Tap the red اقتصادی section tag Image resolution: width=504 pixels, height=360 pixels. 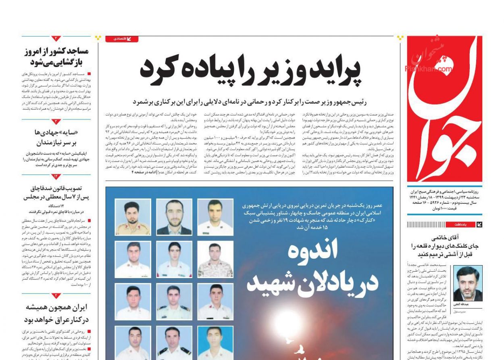pyautogui.click(x=121, y=39)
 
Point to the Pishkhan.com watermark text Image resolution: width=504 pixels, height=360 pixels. pyautogui.click(x=428, y=69)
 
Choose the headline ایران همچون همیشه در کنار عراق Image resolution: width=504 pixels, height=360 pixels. pyautogui.click(x=56, y=313)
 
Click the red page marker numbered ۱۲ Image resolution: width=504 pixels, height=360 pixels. pyautogui.click(x=56, y=176)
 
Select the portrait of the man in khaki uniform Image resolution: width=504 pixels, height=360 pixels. pyautogui.click(x=133, y=217)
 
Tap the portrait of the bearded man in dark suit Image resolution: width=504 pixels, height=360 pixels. pyautogui.click(x=174, y=217)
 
